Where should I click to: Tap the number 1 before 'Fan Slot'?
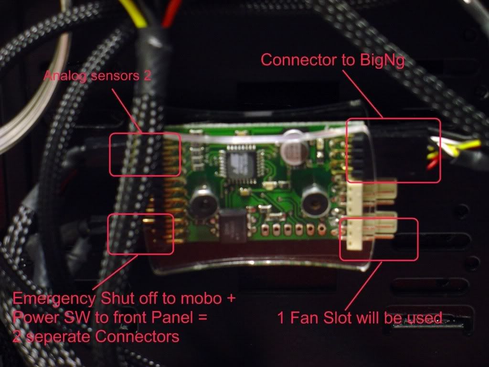(x=282, y=318)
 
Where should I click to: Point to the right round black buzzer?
(x=313, y=196)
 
